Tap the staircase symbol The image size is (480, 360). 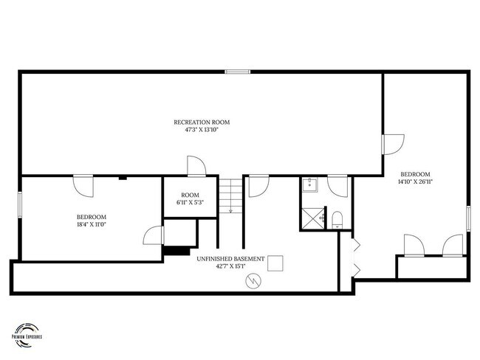231,195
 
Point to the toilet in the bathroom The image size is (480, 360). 336,218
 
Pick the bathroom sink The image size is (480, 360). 309,185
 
